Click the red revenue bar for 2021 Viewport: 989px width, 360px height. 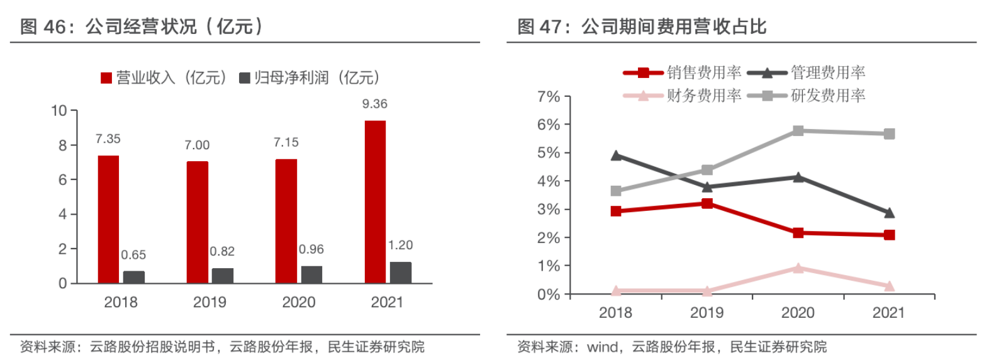[375, 201]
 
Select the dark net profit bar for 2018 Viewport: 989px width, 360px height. [133, 277]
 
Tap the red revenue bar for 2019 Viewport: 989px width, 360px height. [197, 222]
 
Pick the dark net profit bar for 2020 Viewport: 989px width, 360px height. [311, 274]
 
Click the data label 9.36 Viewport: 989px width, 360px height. [375, 104]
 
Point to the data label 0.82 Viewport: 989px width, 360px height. [222, 251]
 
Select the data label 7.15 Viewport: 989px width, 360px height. [286, 142]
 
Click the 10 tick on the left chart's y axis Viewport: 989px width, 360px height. [59, 111]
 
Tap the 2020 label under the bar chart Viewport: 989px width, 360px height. [298, 302]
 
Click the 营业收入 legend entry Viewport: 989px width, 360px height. [164, 77]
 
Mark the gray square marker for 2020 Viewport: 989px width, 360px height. [798, 131]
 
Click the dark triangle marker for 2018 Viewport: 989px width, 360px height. [617, 155]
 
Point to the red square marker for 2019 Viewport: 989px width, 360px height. [707, 203]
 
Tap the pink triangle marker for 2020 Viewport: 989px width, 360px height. [798, 268]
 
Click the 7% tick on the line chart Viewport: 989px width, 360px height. [548, 97]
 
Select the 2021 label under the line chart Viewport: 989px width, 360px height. [888, 313]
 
